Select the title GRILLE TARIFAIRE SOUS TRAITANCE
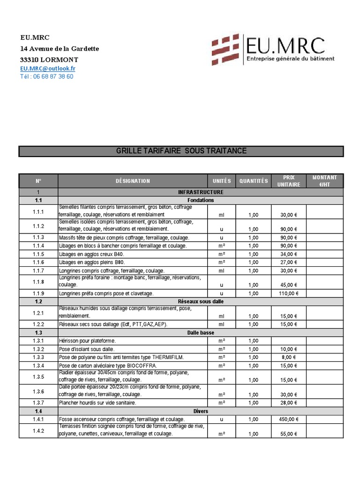click(x=181, y=151)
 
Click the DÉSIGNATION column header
click(x=133, y=181)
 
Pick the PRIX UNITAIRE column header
click(x=289, y=181)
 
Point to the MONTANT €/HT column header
click(x=325, y=181)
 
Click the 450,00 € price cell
click(x=289, y=420)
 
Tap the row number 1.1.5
click(x=38, y=254)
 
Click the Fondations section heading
click(x=200, y=200)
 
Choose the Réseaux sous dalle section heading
click(x=200, y=301)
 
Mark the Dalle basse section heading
click(x=200, y=332)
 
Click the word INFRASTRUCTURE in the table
click(x=200, y=192)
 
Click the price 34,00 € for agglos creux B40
click(x=289, y=254)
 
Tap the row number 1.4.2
click(x=38, y=431)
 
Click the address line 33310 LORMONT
click(x=49, y=60)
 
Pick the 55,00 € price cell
click(x=289, y=434)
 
